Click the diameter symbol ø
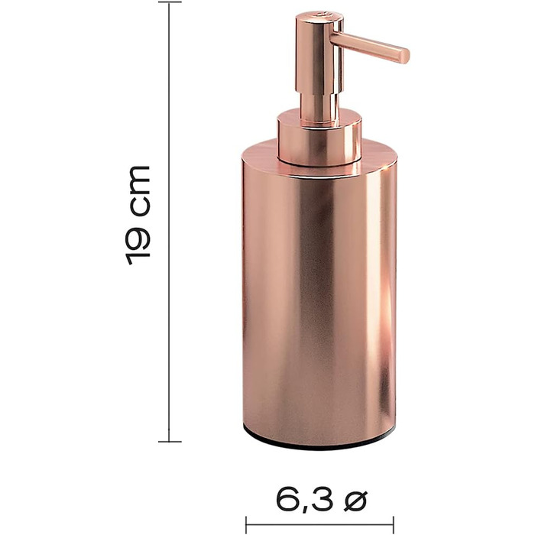355,501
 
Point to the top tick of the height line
170,2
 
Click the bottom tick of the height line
170,442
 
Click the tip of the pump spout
405,56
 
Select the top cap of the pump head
319,16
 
